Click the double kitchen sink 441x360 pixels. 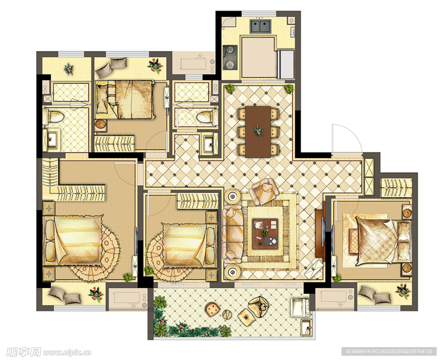click(x=260, y=26)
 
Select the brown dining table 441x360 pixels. click(x=258, y=132)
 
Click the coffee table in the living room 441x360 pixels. click(x=265, y=234)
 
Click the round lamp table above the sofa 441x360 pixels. click(x=233, y=197)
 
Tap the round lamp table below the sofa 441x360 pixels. click(x=233, y=271)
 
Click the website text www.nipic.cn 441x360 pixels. click(x=66, y=352)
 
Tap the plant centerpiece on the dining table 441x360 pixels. click(x=258, y=131)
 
